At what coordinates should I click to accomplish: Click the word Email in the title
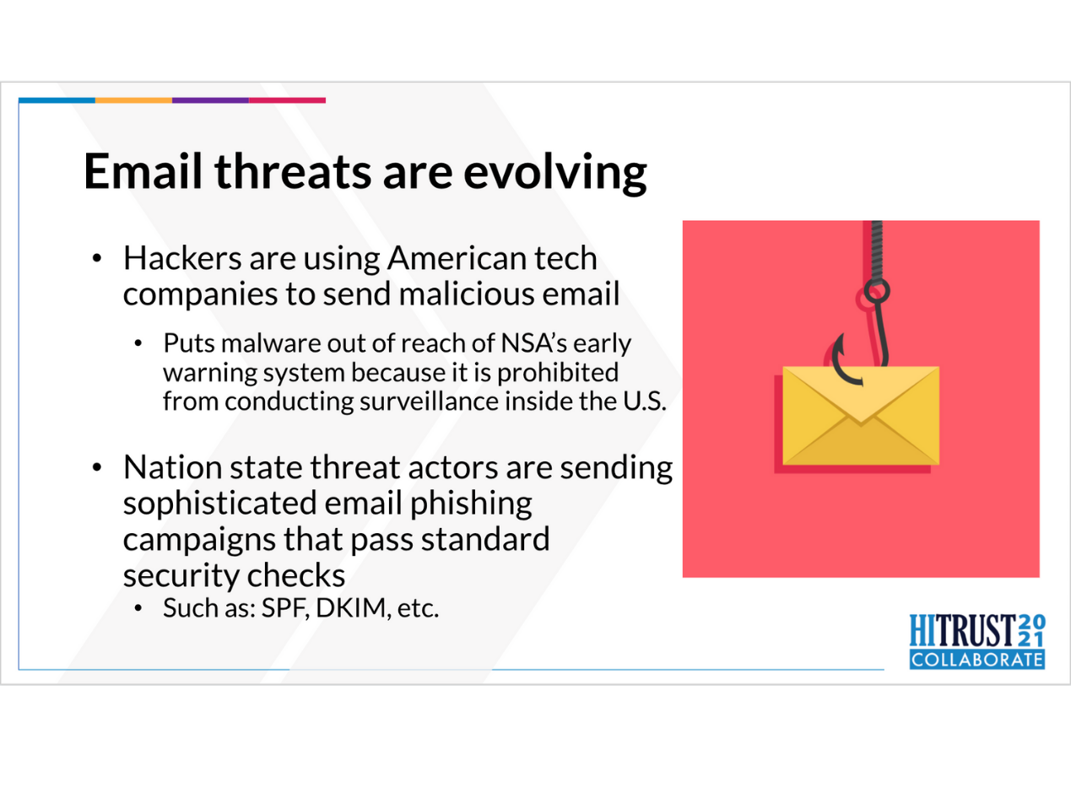[143, 170]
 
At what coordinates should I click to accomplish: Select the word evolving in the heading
[554, 174]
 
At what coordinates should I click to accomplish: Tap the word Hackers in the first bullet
[182, 257]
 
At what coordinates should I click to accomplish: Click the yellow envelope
[861, 415]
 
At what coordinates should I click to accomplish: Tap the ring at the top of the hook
[877, 291]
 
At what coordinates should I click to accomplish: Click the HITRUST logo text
[963, 631]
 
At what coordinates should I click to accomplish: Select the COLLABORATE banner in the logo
[976, 659]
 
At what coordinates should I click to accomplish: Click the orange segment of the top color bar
[133, 100]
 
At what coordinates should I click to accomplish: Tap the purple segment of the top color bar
[210, 100]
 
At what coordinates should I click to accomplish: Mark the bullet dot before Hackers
[97, 258]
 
